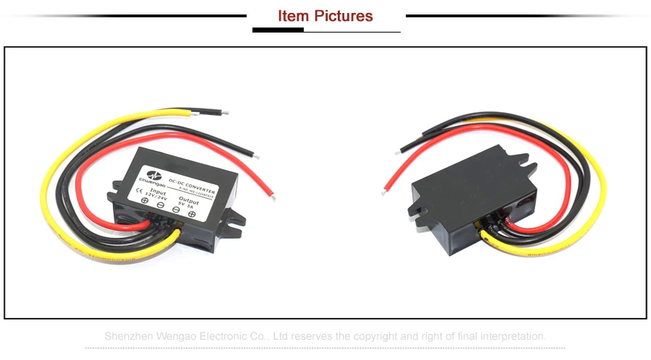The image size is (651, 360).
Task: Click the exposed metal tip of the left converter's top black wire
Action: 226,113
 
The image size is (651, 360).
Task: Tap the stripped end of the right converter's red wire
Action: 398,152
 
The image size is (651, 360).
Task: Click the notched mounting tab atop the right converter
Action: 530,171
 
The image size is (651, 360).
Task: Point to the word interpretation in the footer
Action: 511,336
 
